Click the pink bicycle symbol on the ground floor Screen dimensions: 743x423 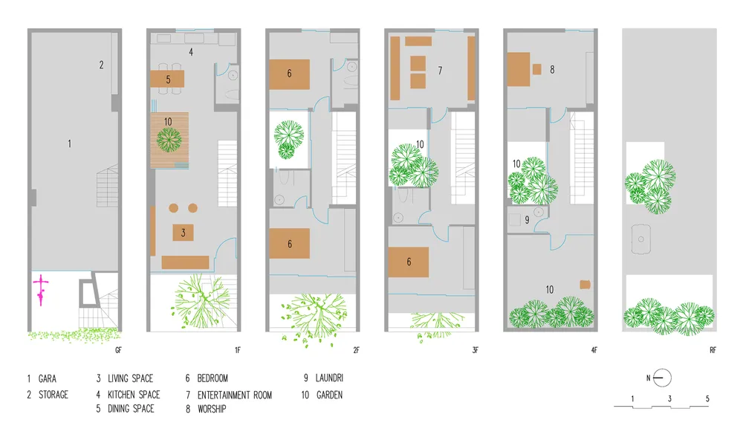[x=41, y=290]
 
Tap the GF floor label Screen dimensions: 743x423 [x=118, y=350]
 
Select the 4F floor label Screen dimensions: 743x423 [x=594, y=350]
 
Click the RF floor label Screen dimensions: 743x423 [x=713, y=350]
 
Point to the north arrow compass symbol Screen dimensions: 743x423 [x=662, y=378]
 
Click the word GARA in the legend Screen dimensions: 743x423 [x=48, y=379]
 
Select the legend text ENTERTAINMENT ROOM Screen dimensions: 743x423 [x=235, y=395]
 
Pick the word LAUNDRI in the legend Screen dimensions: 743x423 [x=329, y=378]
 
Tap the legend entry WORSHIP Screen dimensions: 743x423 [x=212, y=409]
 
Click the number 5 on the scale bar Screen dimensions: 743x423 [x=707, y=398]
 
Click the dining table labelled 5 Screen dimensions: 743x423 [x=167, y=79]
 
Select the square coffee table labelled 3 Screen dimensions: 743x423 [x=183, y=233]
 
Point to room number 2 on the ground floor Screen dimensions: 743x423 [x=101, y=65]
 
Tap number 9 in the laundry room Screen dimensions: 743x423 [x=527, y=220]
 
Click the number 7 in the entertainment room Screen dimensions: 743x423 [x=440, y=71]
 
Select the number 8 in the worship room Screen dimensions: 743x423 [x=552, y=70]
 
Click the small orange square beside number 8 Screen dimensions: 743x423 [x=537, y=69]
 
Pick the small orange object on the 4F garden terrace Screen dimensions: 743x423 [x=585, y=285]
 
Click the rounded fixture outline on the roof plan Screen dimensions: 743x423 [x=640, y=239]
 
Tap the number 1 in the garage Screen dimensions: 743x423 [x=70, y=143]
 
